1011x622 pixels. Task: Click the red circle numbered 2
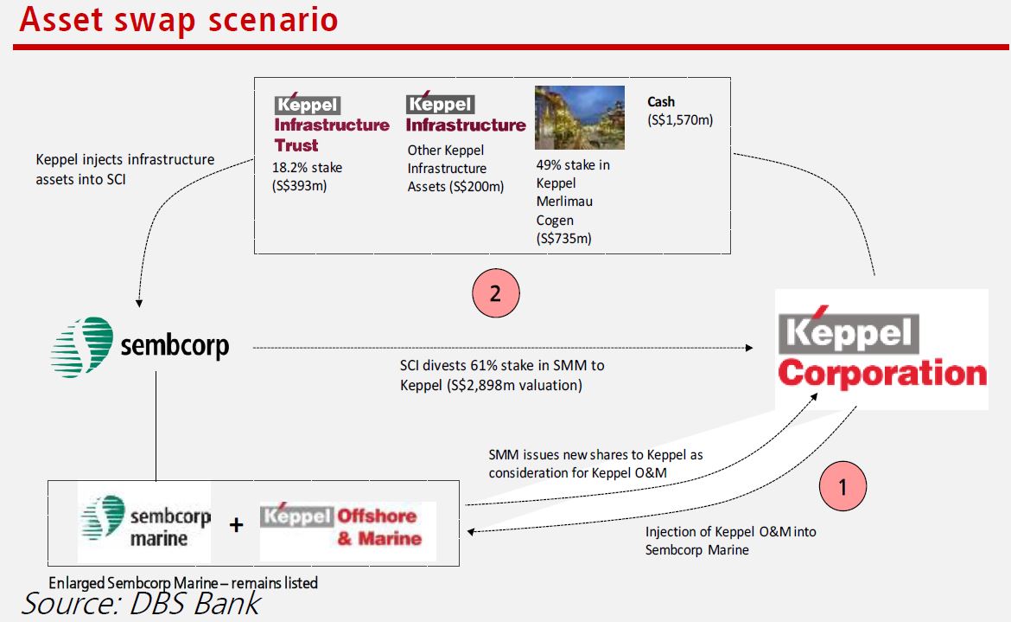pos(495,293)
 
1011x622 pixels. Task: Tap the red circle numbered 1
pos(842,486)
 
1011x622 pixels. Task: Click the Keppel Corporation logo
pos(881,349)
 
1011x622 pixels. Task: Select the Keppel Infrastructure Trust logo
pos(332,123)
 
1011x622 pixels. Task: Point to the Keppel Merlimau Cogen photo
pos(580,118)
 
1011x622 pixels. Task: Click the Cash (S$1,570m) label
pos(680,111)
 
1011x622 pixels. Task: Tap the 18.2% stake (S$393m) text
pos(307,176)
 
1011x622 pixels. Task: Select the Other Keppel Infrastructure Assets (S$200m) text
pos(455,169)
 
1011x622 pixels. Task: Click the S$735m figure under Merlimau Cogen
pos(563,239)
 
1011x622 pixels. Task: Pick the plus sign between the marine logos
pos(236,524)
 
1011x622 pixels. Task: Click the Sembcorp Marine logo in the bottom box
pos(145,522)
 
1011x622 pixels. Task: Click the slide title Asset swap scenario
pos(179,19)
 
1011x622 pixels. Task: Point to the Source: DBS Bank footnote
pos(141,604)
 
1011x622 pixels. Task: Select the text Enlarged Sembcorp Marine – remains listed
pos(183,583)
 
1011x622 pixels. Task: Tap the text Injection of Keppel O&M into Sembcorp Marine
pos(730,541)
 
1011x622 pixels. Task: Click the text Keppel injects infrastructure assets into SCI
pos(125,169)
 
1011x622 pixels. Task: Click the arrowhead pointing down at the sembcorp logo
pos(138,303)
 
